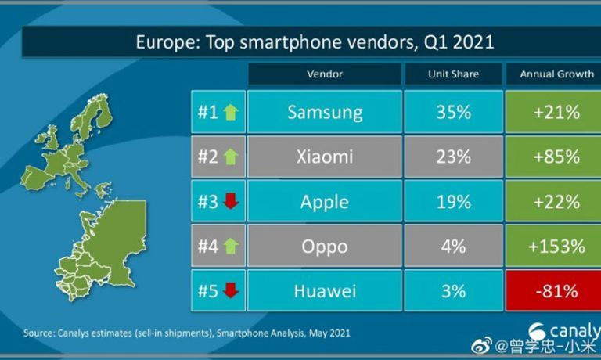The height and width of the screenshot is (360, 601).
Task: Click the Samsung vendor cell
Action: (x=325, y=112)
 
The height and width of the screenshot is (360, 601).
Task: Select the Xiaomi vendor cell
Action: (x=325, y=157)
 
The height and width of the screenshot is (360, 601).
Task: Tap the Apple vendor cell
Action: (x=325, y=202)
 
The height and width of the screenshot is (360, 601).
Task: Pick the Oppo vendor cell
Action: (x=325, y=247)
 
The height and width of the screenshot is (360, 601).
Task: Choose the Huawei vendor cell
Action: (x=325, y=292)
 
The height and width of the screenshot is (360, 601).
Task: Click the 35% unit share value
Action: (x=454, y=112)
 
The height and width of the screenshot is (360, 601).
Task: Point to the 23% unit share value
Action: (x=454, y=157)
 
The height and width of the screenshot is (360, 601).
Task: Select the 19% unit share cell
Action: (x=454, y=202)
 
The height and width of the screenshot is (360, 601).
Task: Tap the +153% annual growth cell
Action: (x=556, y=247)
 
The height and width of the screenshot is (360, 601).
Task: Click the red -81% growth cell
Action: (x=556, y=292)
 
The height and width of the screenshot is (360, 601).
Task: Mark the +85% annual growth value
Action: (x=556, y=157)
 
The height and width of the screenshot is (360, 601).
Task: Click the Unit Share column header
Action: (x=454, y=74)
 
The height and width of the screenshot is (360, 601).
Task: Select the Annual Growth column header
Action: (x=556, y=74)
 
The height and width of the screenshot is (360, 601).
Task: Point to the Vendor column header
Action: (x=325, y=74)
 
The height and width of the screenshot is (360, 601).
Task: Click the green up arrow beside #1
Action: (x=231, y=113)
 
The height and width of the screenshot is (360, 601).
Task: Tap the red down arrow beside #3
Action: (x=231, y=203)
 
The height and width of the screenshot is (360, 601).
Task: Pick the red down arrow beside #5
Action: (x=231, y=293)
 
